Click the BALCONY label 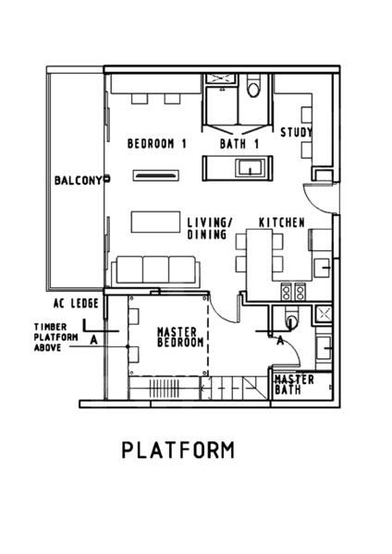(x=78, y=181)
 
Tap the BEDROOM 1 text (x=157, y=143)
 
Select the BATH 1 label (x=239, y=144)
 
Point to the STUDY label (x=297, y=132)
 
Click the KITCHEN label (x=282, y=223)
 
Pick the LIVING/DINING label (x=210, y=229)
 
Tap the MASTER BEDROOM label (x=180, y=337)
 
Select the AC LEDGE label (x=76, y=303)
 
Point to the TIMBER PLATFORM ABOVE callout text (x=55, y=337)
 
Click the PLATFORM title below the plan (x=178, y=451)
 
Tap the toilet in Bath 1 (x=253, y=85)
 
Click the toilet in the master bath (x=291, y=318)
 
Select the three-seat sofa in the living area (x=155, y=271)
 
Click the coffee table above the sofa (x=155, y=222)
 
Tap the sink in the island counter (x=251, y=167)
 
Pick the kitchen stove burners (x=293, y=292)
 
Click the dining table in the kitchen (x=259, y=255)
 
